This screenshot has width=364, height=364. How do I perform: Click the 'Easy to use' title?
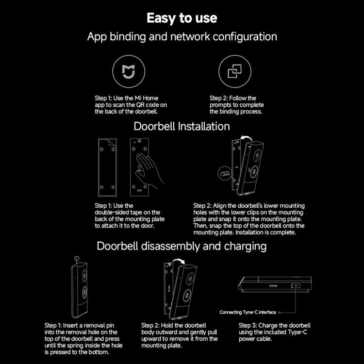click(182, 18)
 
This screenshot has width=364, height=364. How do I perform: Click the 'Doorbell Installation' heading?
click(182, 126)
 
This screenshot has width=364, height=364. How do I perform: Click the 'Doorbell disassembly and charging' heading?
click(182, 246)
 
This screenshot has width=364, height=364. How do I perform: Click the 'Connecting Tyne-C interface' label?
click(248, 312)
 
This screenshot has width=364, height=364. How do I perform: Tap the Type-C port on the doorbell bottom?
click(295, 286)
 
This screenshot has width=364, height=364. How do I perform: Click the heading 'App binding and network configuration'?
click(182, 37)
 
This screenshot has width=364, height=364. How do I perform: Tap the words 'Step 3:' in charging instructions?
click(249, 325)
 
